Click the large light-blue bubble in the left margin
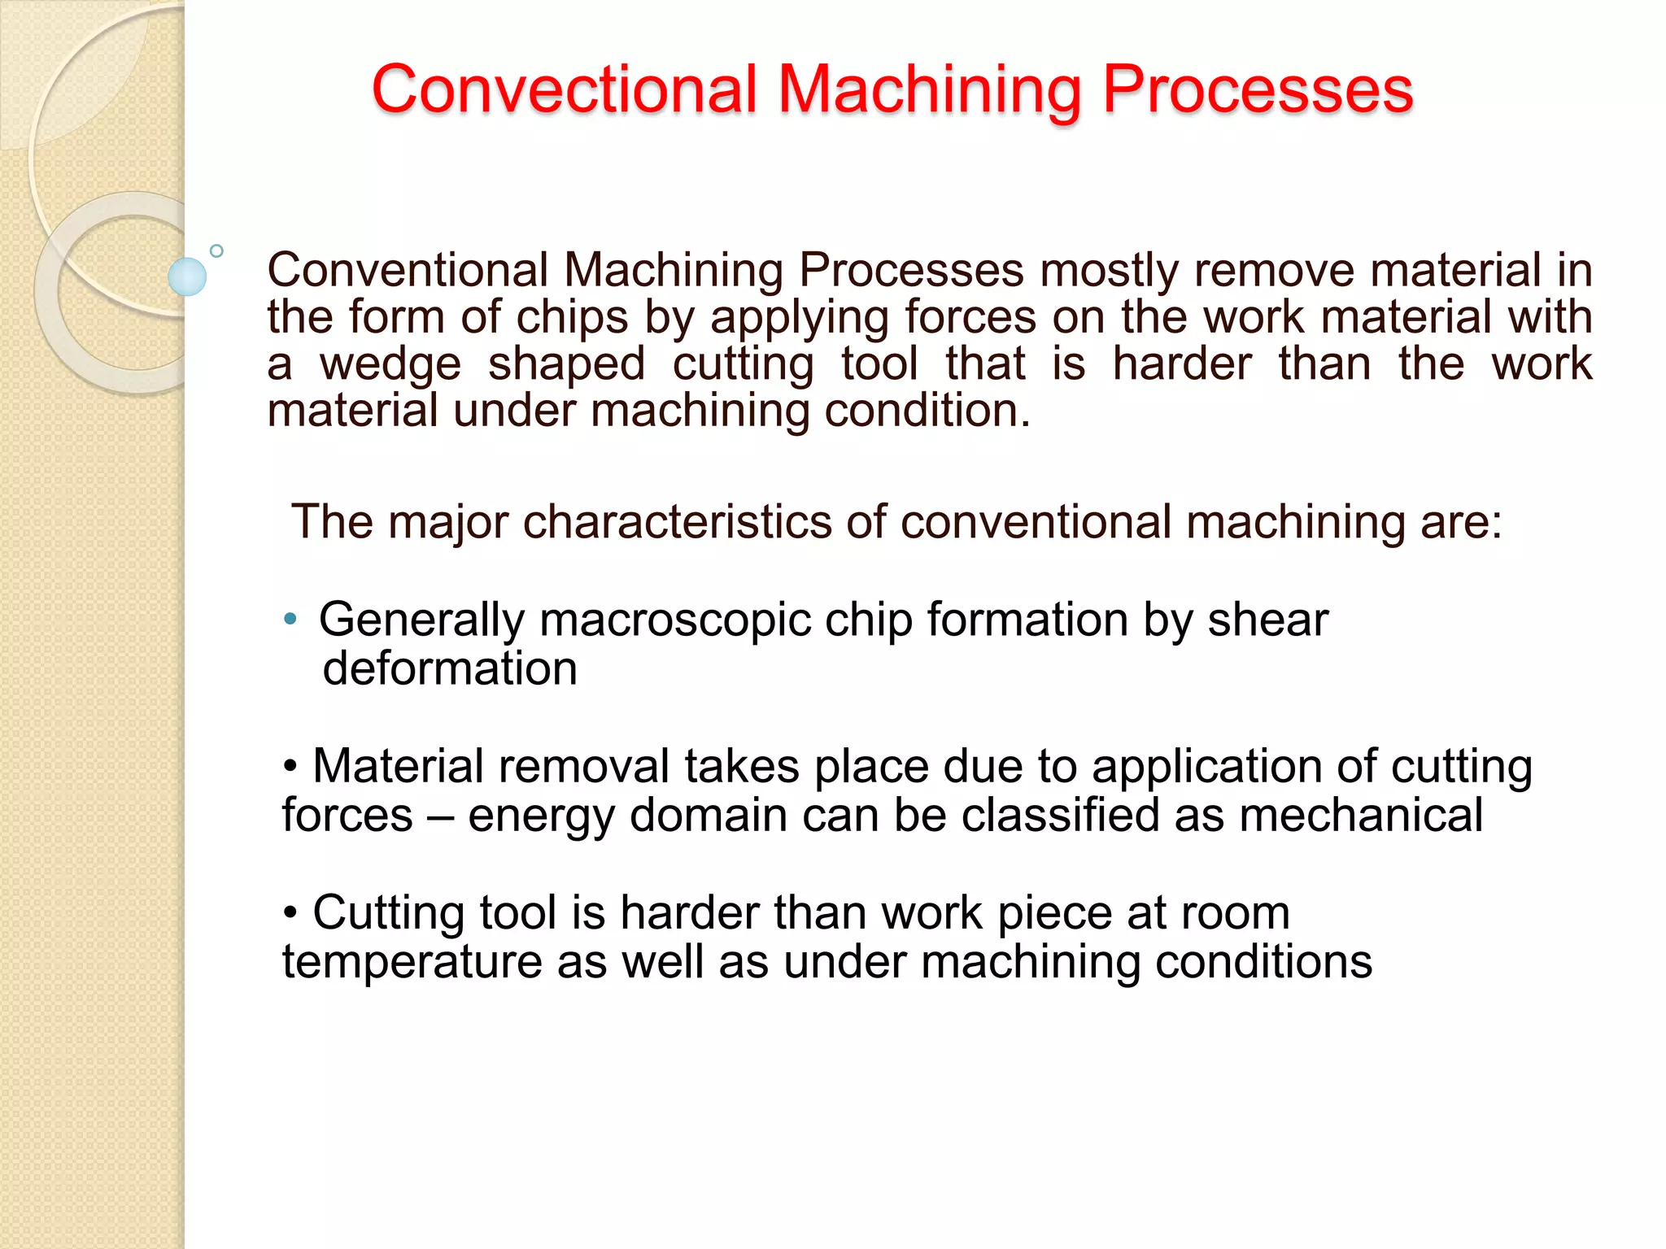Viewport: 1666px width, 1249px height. coord(187,276)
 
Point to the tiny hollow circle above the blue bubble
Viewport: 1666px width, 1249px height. coord(216,251)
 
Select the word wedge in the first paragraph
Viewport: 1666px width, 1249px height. coord(390,363)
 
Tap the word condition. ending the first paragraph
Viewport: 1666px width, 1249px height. coord(927,411)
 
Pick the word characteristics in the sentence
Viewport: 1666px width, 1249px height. coord(677,521)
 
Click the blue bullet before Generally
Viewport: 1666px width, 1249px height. coord(290,620)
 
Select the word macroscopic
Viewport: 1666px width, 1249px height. coord(675,620)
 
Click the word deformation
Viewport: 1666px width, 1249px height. coord(450,669)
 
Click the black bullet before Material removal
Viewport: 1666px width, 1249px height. coord(290,767)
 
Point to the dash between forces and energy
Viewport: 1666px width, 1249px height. coord(440,816)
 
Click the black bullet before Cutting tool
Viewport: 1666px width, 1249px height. coord(290,913)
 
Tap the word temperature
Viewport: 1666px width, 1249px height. coord(412,963)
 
